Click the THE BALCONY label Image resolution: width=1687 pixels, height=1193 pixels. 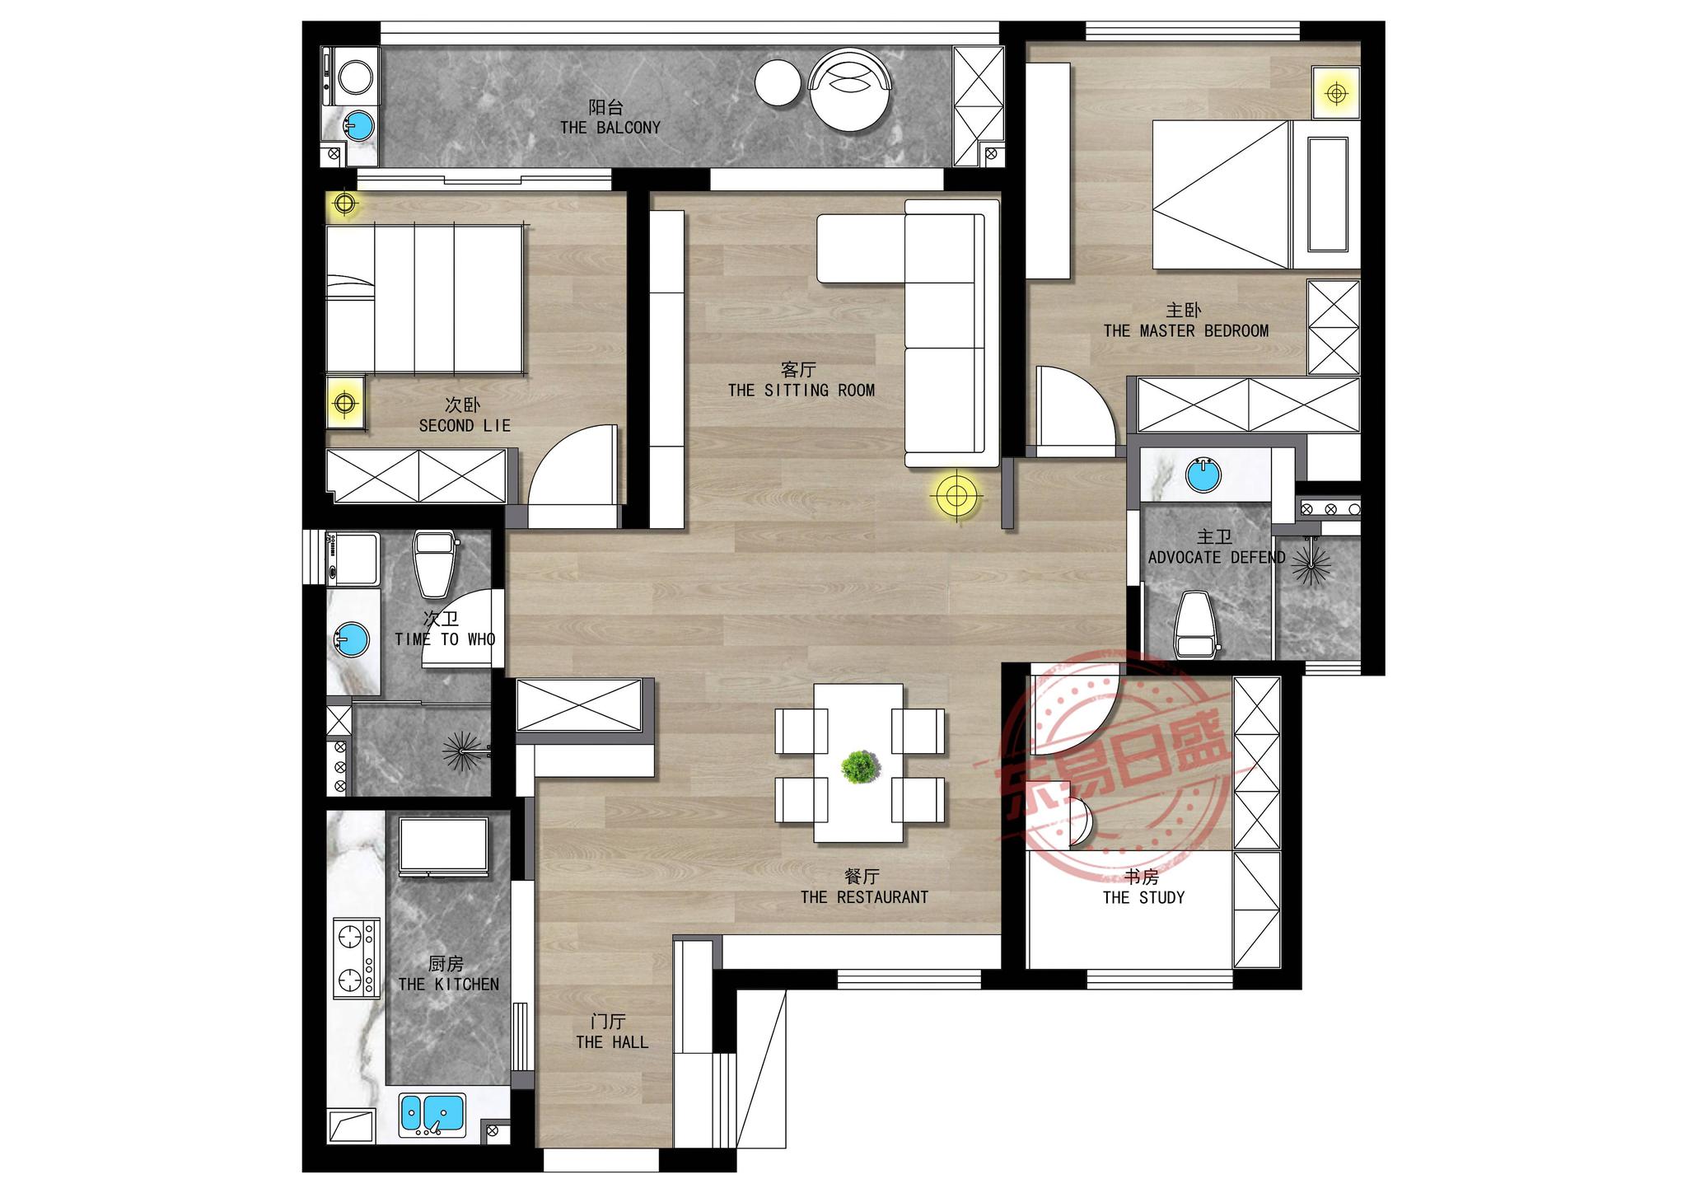[610, 128]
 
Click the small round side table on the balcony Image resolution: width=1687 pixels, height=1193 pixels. [778, 83]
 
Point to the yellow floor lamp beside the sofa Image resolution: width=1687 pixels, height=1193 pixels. [956, 496]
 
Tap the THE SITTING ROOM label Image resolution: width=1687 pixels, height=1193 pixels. [801, 391]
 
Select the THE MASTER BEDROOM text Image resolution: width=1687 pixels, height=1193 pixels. [1186, 331]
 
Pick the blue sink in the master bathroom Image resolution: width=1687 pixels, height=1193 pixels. [1203, 475]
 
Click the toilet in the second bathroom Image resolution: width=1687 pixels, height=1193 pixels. [434, 564]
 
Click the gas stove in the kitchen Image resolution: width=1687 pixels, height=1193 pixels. [356, 958]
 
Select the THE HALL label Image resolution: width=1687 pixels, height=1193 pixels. [612, 1042]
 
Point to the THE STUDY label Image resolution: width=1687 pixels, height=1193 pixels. [1143, 897]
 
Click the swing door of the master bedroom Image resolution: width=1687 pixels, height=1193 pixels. [1076, 411]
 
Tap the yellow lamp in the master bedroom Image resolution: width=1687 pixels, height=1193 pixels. [1336, 93]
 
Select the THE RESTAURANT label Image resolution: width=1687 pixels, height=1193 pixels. [864, 897]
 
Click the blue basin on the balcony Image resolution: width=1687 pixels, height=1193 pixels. [358, 126]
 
